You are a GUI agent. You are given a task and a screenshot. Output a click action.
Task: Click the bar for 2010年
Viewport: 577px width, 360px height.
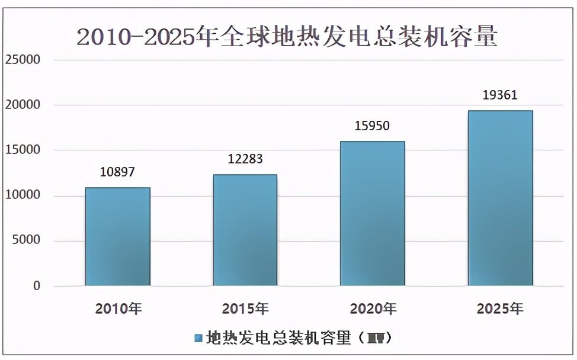117,237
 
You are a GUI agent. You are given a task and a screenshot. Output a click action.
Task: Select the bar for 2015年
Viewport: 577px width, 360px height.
245,230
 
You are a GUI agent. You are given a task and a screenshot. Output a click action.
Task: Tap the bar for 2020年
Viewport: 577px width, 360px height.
373,214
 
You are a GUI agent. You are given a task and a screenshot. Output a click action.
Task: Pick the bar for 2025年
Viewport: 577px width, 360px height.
500,198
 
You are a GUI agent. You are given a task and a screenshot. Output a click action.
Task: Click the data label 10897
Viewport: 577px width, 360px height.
117,172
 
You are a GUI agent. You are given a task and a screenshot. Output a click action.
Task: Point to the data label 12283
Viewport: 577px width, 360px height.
245,159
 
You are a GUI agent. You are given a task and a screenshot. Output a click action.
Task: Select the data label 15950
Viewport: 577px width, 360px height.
373,126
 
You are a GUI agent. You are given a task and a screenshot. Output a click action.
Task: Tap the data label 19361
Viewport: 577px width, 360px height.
500,95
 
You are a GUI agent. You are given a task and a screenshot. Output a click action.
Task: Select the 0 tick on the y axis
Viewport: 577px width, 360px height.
37,286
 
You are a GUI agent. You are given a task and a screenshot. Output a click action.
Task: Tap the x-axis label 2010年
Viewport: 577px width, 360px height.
118,308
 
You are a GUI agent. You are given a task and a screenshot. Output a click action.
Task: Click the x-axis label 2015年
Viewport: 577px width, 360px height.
245,308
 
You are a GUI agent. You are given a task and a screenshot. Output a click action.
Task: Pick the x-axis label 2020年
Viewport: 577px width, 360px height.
373,308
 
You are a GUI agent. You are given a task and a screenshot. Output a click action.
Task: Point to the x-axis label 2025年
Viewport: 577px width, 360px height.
501,308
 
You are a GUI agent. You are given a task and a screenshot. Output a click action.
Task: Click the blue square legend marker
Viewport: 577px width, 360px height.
198,338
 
